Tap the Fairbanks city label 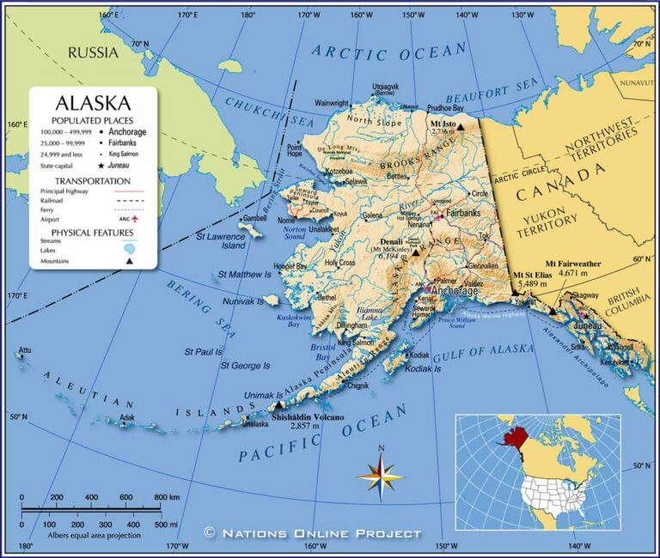(462, 211)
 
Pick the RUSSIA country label (93, 52)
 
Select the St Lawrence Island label (221, 240)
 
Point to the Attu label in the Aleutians (24, 350)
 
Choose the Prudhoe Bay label (445, 109)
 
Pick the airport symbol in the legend (134, 219)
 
